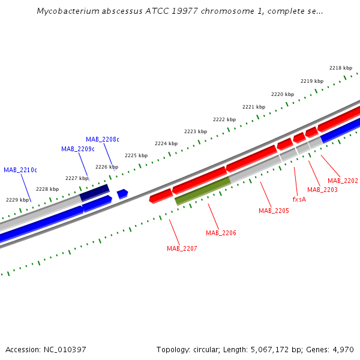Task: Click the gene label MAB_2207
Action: pos(182,248)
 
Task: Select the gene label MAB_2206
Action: pos(221,233)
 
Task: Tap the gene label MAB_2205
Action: pos(274,211)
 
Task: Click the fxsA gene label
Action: pos(299,199)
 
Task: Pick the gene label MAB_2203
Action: pos(322,190)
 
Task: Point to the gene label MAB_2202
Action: pos(343,181)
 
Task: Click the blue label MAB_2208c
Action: pos(102,139)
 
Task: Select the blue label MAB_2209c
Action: pos(77,149)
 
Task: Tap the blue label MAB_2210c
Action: pos(20,170)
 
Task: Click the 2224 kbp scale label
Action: pos(166,143)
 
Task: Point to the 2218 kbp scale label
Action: pos(341,68)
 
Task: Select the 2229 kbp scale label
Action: pos(17,200)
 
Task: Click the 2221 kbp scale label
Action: pos(254,107)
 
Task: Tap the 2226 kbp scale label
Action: pos(107,167)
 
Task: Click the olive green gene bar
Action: pos(202,190)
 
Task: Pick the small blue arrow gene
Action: pos(122,193)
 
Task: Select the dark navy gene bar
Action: pos(94,193)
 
